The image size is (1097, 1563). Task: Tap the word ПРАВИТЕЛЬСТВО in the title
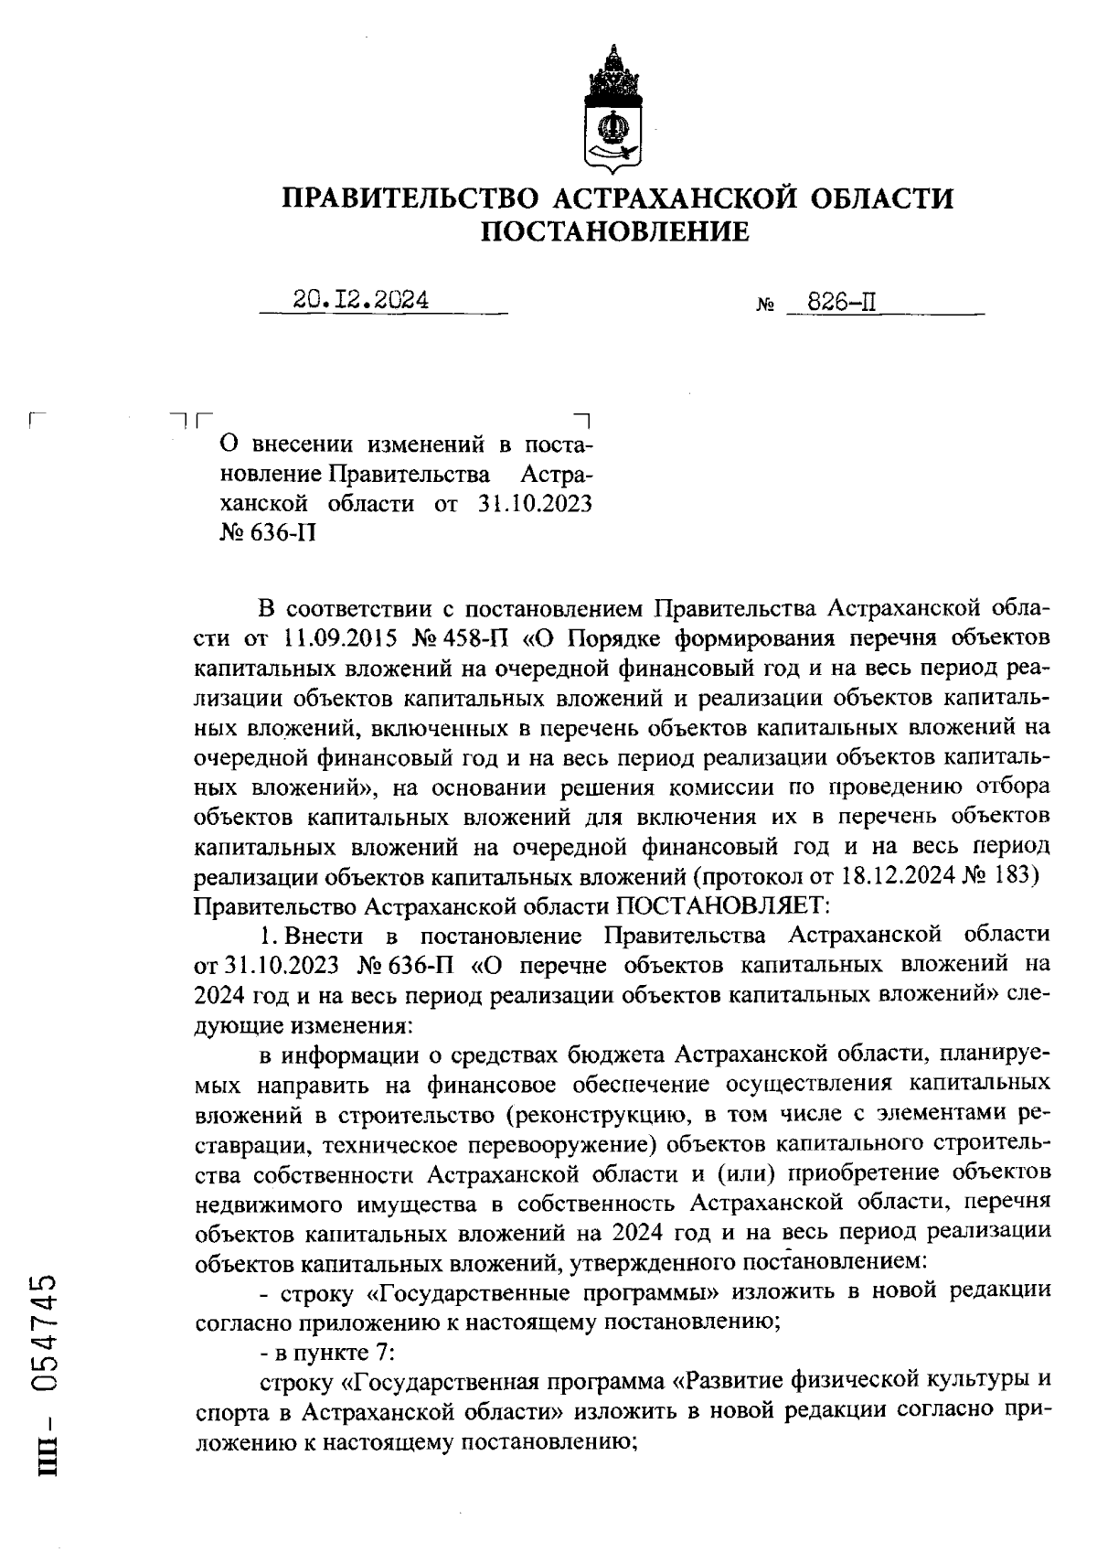coord(412,198)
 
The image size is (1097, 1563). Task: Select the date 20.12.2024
coord(362,300)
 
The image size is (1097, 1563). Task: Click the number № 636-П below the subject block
coord(268,532)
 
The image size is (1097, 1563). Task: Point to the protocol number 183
coord(1017,875)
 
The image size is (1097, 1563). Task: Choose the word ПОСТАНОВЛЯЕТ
coord(721,905)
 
